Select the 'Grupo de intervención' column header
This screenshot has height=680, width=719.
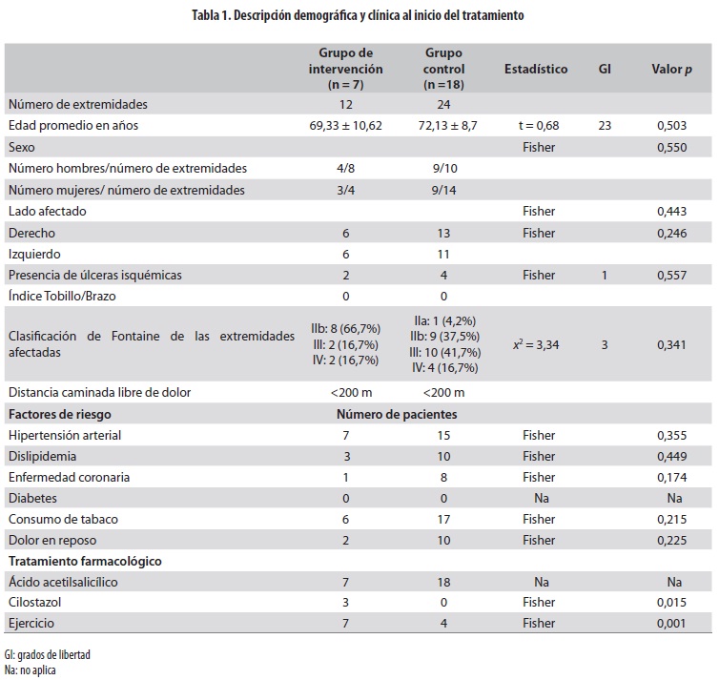[x=345, y=70]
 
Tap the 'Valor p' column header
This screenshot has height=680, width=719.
[x=671, y=70]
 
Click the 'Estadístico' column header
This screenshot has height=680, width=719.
[x=536, y=70]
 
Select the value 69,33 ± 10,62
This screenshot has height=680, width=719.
[x=345, y=126]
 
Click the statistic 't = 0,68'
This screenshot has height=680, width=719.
[x=538, y=126]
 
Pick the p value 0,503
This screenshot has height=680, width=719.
[x=671, y=126]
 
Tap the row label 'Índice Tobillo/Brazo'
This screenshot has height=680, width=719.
[x=63, y=296]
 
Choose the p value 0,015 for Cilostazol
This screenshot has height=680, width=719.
[x=671, y=603]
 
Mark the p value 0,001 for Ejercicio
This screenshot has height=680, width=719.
[x=671, y=624]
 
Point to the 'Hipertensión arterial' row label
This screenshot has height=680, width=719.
[x=65, y=435]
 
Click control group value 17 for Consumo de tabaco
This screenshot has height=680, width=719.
[x=443, y=519]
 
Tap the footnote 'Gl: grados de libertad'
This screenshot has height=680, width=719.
[x=48, y=655]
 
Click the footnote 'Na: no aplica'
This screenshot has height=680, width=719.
[x=31, y=670]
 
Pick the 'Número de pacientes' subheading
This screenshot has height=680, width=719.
[x=397, y=414]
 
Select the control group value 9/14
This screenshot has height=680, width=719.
[x=443, y=190]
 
